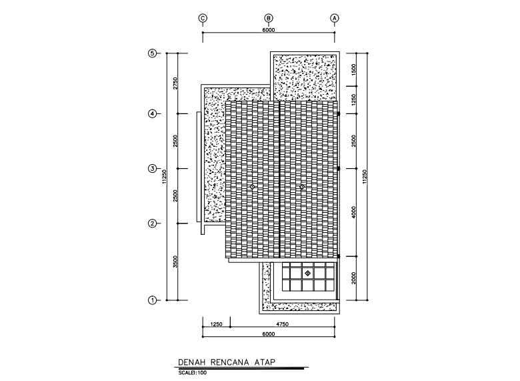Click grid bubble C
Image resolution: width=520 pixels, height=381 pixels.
[x=203, y=18]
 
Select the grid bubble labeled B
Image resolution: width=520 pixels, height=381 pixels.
[x=269, y=18]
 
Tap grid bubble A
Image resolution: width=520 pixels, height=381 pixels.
[x=335, y=18]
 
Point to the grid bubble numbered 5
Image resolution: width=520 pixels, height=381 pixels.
[x=152, y=54]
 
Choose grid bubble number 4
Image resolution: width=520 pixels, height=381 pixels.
[x=152, y=114]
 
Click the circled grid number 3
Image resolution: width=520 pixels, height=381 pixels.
[x=152, y=169]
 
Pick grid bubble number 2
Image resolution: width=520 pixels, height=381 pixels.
[x=152, y=224]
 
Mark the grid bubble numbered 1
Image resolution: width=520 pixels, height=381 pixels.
[x=152, y=300]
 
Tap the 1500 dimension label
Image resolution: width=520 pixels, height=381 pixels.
[x=354, y=69]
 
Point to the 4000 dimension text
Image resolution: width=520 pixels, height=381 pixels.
[x=354, y=212]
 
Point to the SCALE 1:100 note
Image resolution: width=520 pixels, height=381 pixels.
[x=193, y=372]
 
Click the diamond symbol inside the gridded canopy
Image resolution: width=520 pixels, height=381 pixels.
[x=307, y=273]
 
